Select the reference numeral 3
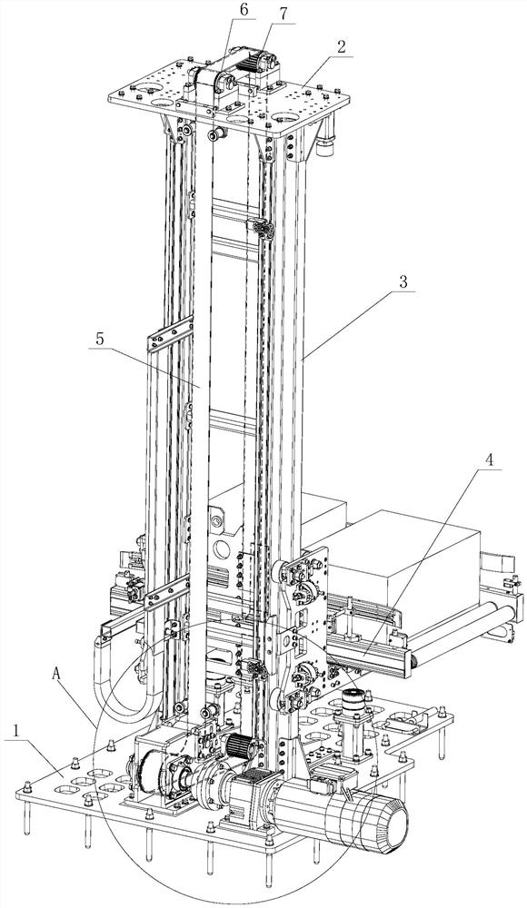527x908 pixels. point(404,282)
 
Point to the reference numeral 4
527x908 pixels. point(490,460)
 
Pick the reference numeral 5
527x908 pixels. point(101,340)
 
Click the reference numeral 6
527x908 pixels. point(244,10)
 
